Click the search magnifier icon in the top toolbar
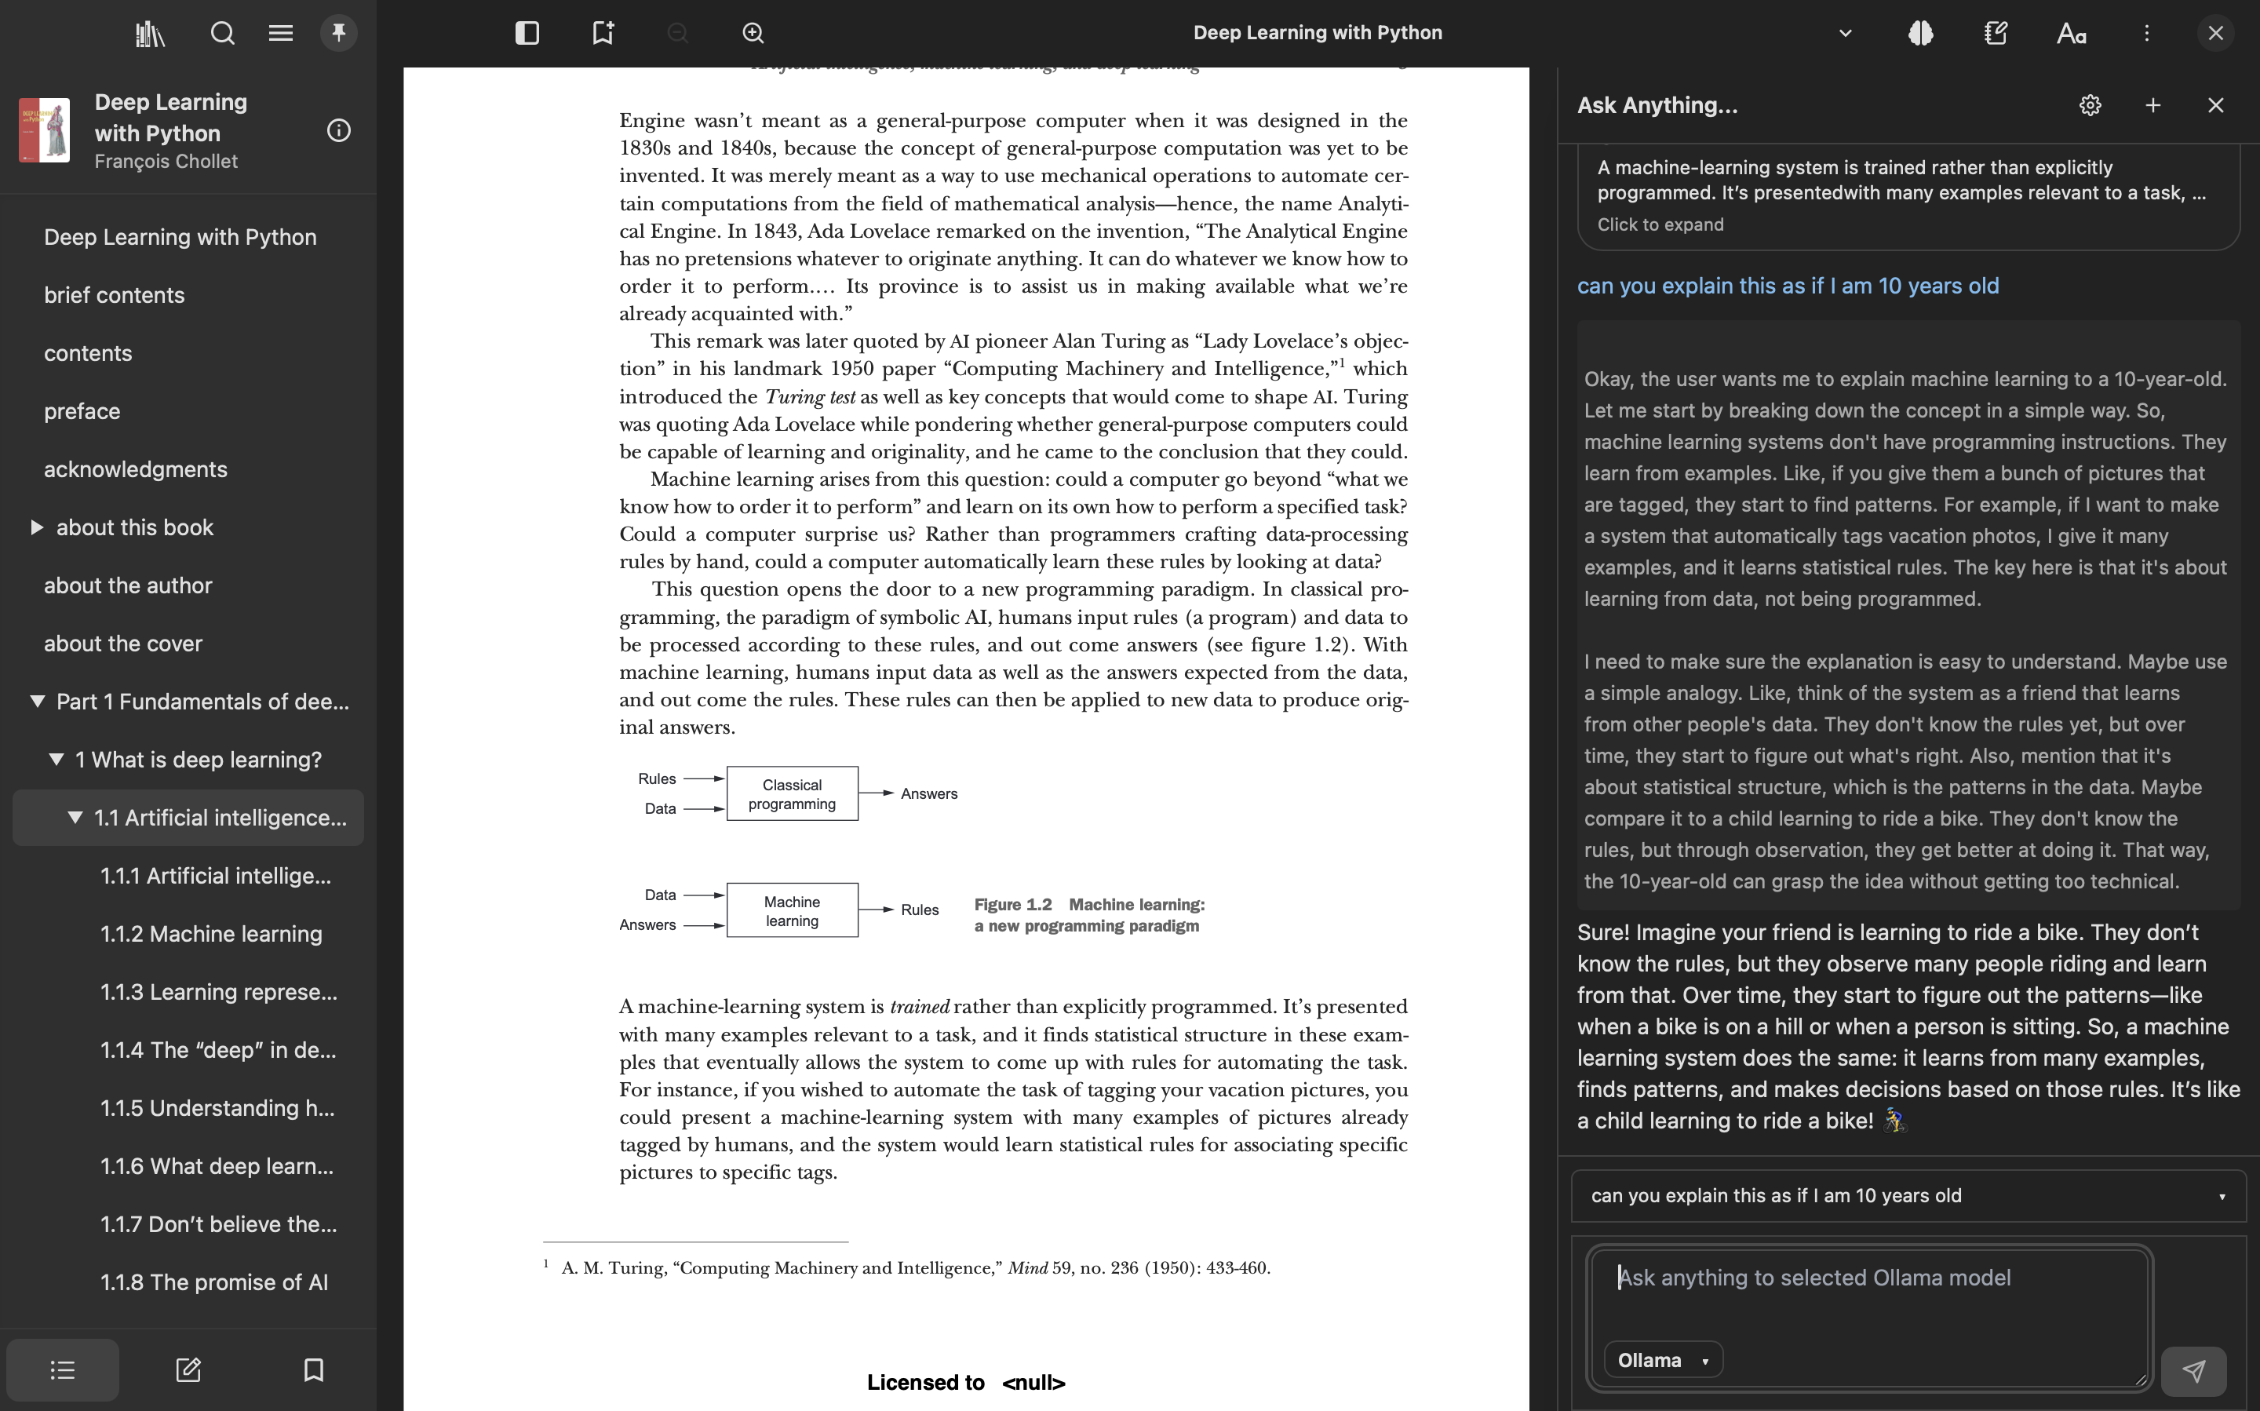(222, 34)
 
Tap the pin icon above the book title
(339, 34)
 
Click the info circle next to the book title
(339, 130)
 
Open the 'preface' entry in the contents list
(82, 411)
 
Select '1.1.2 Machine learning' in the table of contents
(211, 934)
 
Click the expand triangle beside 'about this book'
(36, 527)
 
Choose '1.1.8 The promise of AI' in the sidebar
(213, 1282)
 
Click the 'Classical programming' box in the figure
(791, 794)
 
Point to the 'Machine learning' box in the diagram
(791, 911)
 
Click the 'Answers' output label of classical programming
(928, 794)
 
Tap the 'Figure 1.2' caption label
(1012, 904)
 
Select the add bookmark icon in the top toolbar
(603, 34)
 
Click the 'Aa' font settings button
(2071, 34)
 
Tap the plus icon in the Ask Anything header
(2152, 105)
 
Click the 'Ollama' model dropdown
(1663, 1361)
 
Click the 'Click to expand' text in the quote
(1660, 225)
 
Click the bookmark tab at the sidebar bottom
(314, 1370)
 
